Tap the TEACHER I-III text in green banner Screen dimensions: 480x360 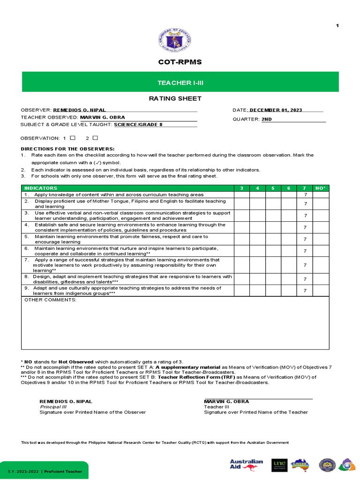(x=180, y=83)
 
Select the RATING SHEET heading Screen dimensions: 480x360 (x=175, y=98)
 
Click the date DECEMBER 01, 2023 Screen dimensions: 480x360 (x=276, y=110)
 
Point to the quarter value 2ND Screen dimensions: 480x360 (x=266, y=119)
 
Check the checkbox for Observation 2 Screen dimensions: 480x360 (x=95, y=138)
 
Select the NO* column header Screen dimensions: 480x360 (x=321, y=188)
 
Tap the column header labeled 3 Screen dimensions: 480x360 (x=241, y=188)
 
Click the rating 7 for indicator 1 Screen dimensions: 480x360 (x=305, y=195)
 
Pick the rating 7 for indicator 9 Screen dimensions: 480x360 (x=305, y=291)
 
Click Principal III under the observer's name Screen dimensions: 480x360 (x=53, y=407)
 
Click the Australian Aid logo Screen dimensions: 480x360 (x=247, y=464)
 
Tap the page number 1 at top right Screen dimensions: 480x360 (x=337, y=25)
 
